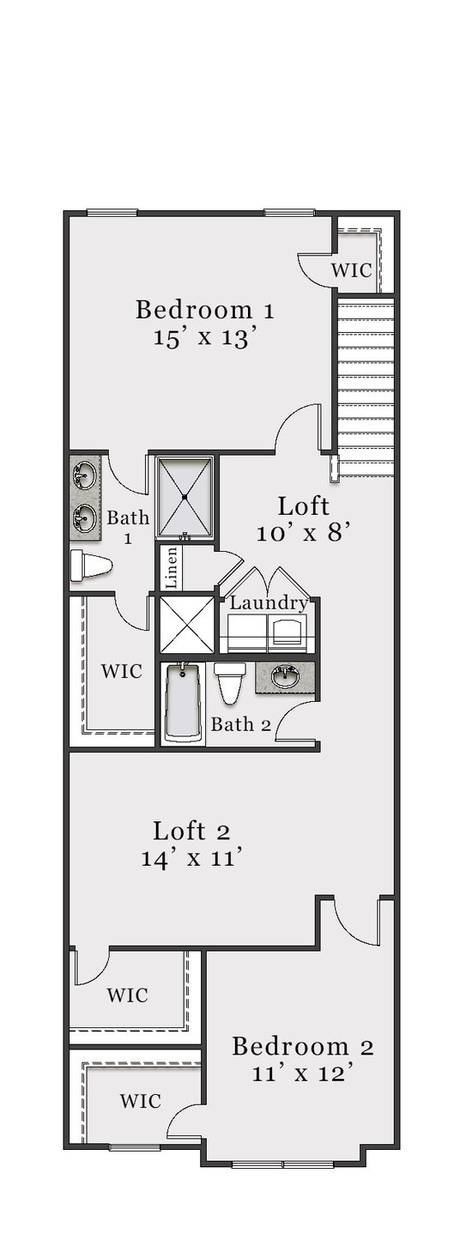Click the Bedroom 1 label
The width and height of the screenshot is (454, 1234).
[204, 310]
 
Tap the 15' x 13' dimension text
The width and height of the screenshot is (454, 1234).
[205, 336]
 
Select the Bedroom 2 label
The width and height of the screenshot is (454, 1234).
[302, 1046]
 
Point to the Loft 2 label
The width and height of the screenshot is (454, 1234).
[191, 832]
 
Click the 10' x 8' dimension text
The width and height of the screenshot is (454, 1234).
[304, 533]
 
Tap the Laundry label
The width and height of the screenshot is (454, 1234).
[269, 603]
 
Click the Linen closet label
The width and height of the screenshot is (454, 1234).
[172, 567]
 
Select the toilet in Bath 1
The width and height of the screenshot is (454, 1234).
[91, 566]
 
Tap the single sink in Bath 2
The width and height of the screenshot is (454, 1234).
[284, 677]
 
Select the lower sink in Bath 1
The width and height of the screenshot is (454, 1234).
[84, 517]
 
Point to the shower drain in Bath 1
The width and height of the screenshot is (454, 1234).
[185, 496]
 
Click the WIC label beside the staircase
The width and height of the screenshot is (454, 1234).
[351, 270]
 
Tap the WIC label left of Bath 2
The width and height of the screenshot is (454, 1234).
[121, 672]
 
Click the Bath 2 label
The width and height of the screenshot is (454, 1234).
[241, 724]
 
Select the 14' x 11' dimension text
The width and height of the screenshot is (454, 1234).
[191, 858]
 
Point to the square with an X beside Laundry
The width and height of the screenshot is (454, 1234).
[185, 625]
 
